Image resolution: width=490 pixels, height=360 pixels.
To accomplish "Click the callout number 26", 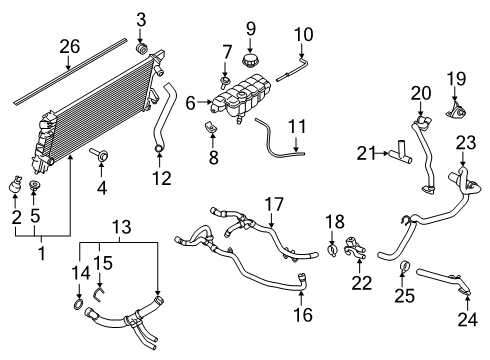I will point(68,45).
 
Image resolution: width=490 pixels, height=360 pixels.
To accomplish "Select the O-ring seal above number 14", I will point(78,303).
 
